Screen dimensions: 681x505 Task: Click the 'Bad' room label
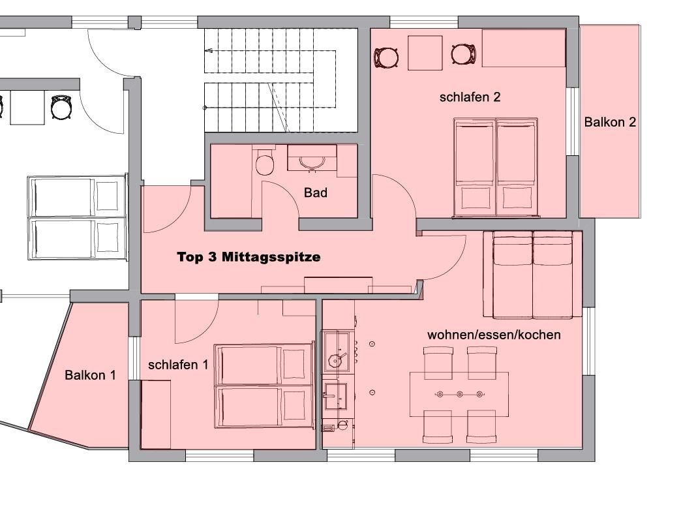[315, 192]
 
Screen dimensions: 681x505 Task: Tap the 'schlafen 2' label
[470, 97]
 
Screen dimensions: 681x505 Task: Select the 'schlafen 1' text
[178, 365]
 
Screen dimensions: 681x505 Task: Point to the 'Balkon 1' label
[90, 375]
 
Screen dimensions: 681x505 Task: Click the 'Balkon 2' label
[610, 122]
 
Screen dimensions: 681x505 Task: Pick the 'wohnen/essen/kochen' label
[494, 335]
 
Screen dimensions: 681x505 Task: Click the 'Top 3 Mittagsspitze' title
[249, 257]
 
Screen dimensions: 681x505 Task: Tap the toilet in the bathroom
[264, 162]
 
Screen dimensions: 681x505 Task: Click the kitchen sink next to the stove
[335, 396]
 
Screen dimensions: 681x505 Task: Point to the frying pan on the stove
[336, 360]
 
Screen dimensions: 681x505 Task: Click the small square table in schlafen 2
[425, 53]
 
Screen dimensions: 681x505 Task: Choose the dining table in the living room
[459, 394]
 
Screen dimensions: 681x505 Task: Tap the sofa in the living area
[532, 275]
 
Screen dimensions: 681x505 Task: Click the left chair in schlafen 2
[387, 57]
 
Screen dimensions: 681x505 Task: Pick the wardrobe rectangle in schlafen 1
[155, 414]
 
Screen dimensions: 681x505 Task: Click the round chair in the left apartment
[61, 108]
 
